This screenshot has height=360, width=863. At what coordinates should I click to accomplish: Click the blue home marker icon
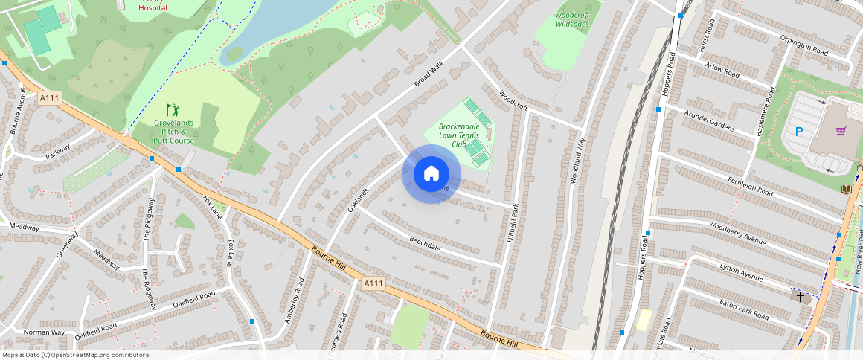(x=431, y=174)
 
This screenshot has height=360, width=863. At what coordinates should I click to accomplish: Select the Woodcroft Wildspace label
(x=571, y=19)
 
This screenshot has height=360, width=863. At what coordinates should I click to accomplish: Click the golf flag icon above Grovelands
(x=173, y=110)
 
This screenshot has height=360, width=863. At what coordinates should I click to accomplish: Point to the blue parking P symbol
(x=799, y=132)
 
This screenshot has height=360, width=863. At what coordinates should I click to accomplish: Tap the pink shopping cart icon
(x=841, y=132)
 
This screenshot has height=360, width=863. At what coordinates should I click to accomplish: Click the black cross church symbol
(x=801, y=296)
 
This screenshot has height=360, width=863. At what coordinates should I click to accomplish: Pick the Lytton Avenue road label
(x=741, y=272)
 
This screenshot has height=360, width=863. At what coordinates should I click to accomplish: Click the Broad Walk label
(x=428, y=74)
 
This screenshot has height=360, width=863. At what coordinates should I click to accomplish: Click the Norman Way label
(x=44, y=332)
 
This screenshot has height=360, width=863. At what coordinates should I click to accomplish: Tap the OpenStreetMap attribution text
(x=74, y=355)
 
